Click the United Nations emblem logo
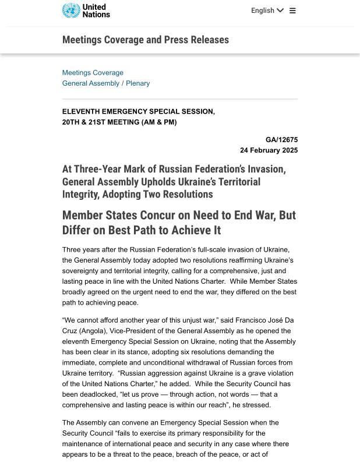click(71, 10)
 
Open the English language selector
click(267, 10)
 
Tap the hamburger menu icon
click(292, 10)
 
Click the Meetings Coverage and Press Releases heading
click(146, 40)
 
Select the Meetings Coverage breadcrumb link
click(93, 73)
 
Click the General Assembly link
click(90, 83)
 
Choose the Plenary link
click(138, 83)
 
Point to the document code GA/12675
click(281, 140)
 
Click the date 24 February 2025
click(269, 150)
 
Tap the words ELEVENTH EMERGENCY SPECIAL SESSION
click(138, 111)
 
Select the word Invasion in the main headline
click(265, 170)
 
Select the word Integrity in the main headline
click(80, 195)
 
